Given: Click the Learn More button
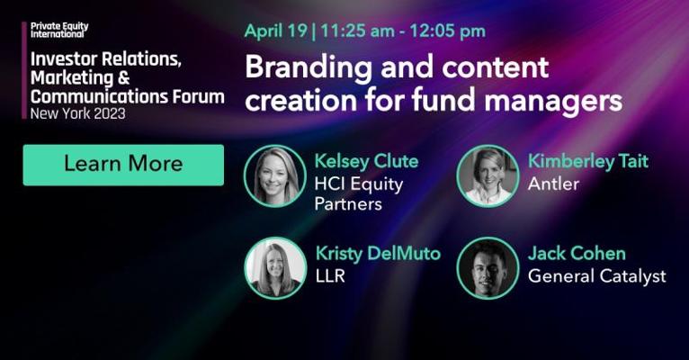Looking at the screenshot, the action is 123,165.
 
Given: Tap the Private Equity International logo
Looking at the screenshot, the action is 59,30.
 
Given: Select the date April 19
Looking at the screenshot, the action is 276,31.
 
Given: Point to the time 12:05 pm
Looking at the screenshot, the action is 448,31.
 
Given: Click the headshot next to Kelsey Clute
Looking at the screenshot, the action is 275,176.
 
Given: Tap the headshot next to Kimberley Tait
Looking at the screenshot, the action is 488,176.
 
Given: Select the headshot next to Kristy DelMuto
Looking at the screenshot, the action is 275,268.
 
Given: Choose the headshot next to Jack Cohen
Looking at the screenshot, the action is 488,268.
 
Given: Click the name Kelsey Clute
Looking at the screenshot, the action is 366,161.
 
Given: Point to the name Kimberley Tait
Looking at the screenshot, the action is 588,161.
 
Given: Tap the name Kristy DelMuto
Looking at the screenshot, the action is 378,254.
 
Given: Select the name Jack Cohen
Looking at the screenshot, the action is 577,254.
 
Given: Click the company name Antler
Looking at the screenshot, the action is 553,184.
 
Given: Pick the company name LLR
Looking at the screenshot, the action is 330,276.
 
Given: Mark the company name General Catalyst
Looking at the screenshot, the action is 597,277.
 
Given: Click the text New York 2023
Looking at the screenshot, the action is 77,113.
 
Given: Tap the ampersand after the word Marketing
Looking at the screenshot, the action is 124,77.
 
